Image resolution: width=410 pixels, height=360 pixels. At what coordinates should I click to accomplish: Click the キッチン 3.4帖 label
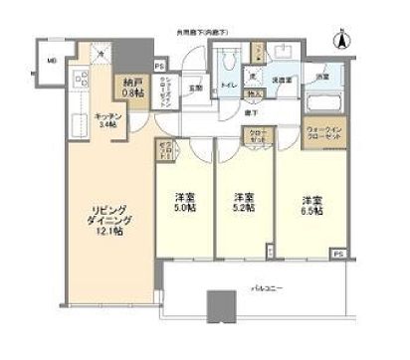tap(107, 119)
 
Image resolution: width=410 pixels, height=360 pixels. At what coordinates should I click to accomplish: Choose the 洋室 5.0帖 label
tap(185, 200)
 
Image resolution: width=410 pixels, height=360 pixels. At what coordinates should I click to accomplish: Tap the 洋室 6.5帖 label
tap(311, 205)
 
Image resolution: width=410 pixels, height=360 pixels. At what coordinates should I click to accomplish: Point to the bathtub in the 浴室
tap(324, 103)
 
